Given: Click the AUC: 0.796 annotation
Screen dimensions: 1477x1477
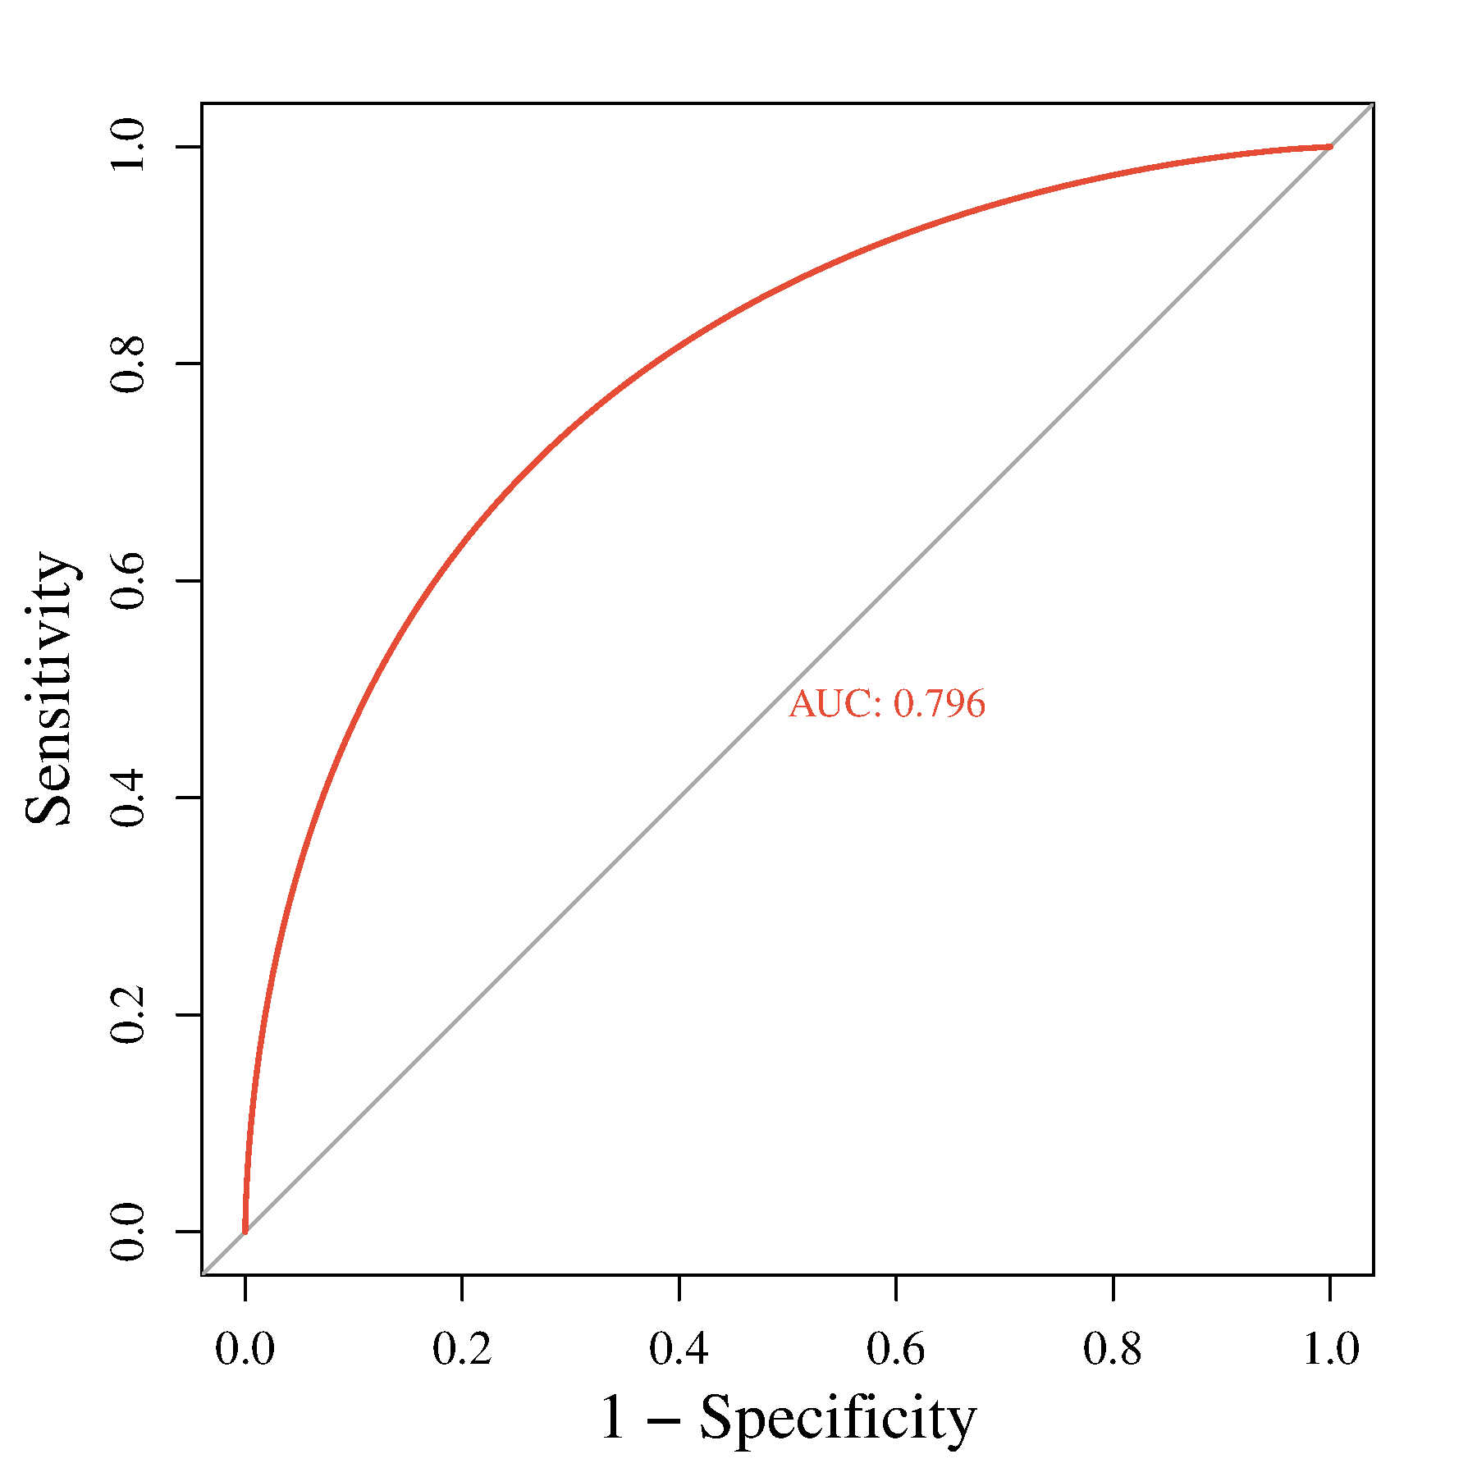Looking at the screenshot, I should (887, 704).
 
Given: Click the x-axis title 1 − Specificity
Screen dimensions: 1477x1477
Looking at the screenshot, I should (788, 1417).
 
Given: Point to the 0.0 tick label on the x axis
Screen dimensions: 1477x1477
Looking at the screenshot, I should (245, 1349).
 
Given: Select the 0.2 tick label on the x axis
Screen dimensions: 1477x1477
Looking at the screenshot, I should (462, 1349).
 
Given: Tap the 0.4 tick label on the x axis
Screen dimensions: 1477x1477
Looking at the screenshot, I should (679, 1349).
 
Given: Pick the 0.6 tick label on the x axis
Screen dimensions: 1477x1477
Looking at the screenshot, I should (896, 1349).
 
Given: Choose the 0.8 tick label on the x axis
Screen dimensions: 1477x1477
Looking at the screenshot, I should (1113, 1349).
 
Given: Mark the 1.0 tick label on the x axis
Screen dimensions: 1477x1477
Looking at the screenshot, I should (1330, 1349).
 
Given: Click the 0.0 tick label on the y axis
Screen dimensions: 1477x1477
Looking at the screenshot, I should (128, 1232).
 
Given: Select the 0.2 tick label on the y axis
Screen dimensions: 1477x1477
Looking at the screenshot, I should (128, 1014).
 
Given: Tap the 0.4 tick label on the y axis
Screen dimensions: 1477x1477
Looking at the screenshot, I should (128, 798).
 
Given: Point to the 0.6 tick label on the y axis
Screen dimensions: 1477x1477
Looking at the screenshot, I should (128, 580).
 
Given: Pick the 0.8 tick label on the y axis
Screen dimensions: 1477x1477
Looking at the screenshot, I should (128, 364).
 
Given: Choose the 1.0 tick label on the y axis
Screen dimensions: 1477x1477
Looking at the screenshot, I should (128, 146).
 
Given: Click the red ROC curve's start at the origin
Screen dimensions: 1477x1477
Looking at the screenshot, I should (245, 1231).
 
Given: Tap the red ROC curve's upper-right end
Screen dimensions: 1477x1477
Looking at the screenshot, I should (1329, 147).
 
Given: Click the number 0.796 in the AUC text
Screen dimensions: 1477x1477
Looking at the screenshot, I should (939, 704).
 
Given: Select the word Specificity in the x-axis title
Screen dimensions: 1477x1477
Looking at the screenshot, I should (838, 1417).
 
